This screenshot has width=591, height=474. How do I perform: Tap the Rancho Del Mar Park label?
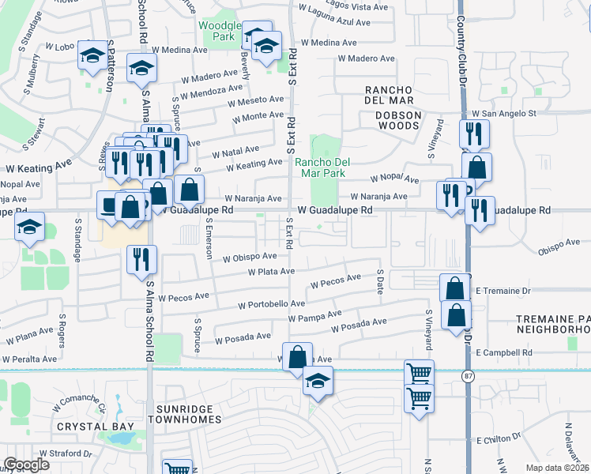[x=322, y=167]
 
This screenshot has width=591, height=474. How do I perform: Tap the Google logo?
[x=27, y=465]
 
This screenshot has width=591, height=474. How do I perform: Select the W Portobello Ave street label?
[x=271, y=304]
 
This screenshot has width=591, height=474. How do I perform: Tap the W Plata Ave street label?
[x=270, y=272]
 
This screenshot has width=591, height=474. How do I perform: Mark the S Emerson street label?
[x=209, y=240]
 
